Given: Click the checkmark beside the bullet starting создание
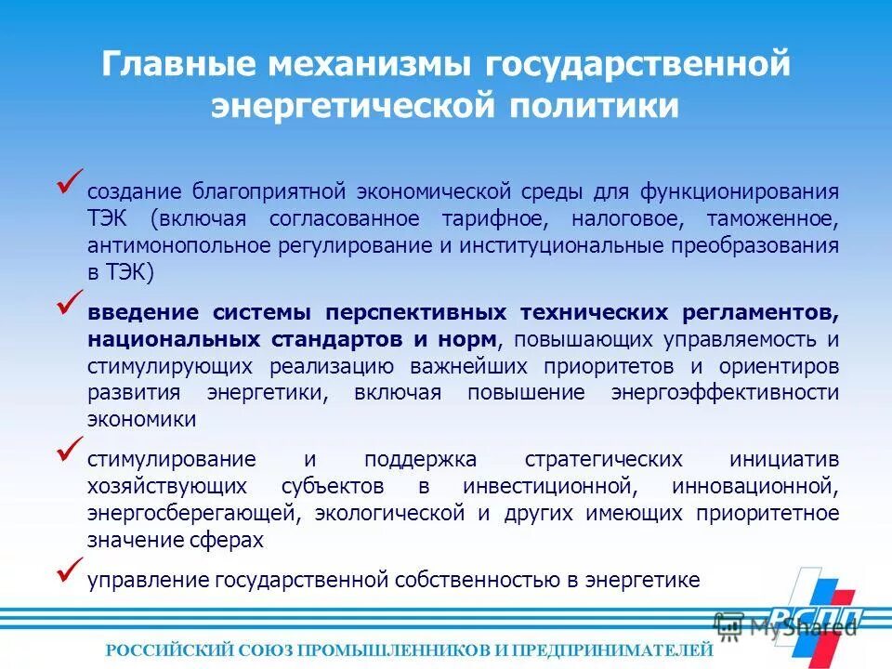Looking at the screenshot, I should pyautogui.click(x=71, y=182).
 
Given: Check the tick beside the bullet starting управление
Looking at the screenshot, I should pyautogui.click(x=71, y=569).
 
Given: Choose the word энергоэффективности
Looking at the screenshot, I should pyautogui.click(x=725, y=392).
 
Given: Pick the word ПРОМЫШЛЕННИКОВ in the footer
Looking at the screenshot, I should pyautogui.click(x=394, y=650).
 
